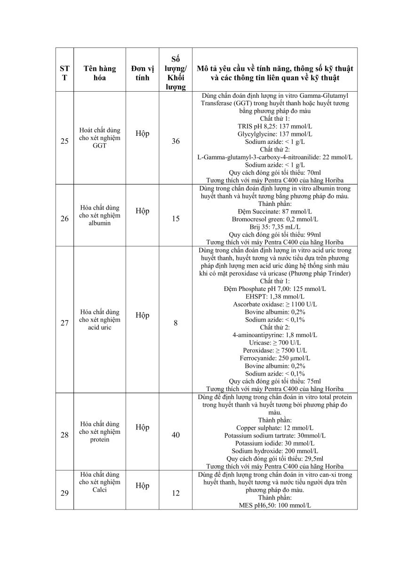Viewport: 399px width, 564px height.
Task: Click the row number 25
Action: tap(64, 141)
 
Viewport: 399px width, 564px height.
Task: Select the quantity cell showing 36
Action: tap(176, 141)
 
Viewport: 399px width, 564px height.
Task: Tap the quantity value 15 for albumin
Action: tap(176, 219)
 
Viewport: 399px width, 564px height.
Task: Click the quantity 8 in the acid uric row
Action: tap(176, 323)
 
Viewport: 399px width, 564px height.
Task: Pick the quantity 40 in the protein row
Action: tap(176, 435)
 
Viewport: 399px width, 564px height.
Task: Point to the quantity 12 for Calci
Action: tap(176, 493)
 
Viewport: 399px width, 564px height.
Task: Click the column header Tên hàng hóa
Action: tap(100, 73)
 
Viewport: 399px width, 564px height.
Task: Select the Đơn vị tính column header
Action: tap(143, 73)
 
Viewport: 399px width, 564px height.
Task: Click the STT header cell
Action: tap(64, 73)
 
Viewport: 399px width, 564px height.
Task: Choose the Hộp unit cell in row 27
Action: tap(143, 315)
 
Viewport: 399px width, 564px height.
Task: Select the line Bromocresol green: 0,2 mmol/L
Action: tap(275, 219)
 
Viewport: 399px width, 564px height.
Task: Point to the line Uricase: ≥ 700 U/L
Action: tap(275, 343)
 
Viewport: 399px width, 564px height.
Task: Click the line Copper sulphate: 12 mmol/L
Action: tap(275, 428)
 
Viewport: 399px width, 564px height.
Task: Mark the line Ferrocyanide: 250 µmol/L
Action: tap(275, 358)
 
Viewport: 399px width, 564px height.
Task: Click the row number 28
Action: tap(64, 435)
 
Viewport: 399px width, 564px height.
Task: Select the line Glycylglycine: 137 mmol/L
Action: tap(275, 134)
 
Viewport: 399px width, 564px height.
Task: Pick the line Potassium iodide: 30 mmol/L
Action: tap(275, 443)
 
